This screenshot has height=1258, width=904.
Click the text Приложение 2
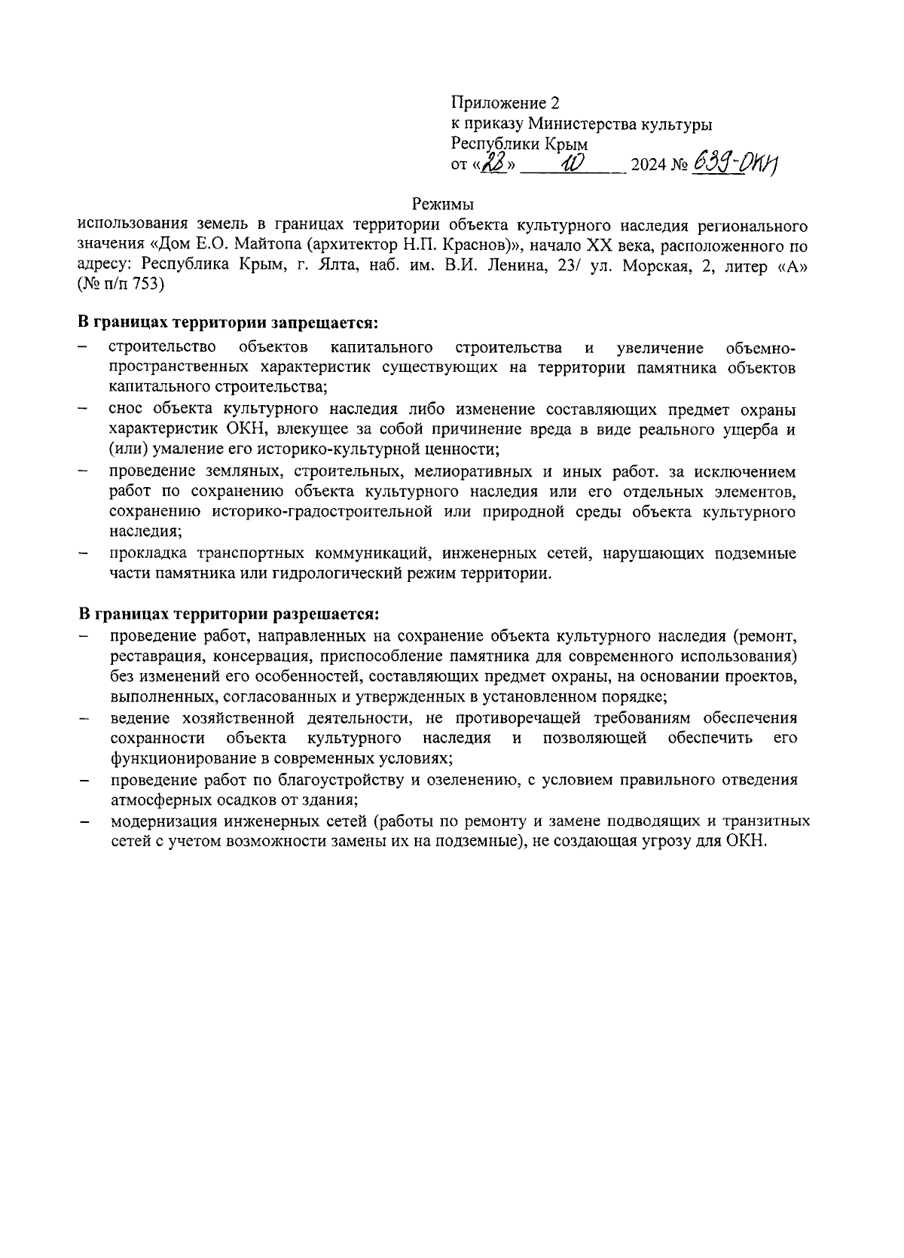(x=505, y=103)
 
